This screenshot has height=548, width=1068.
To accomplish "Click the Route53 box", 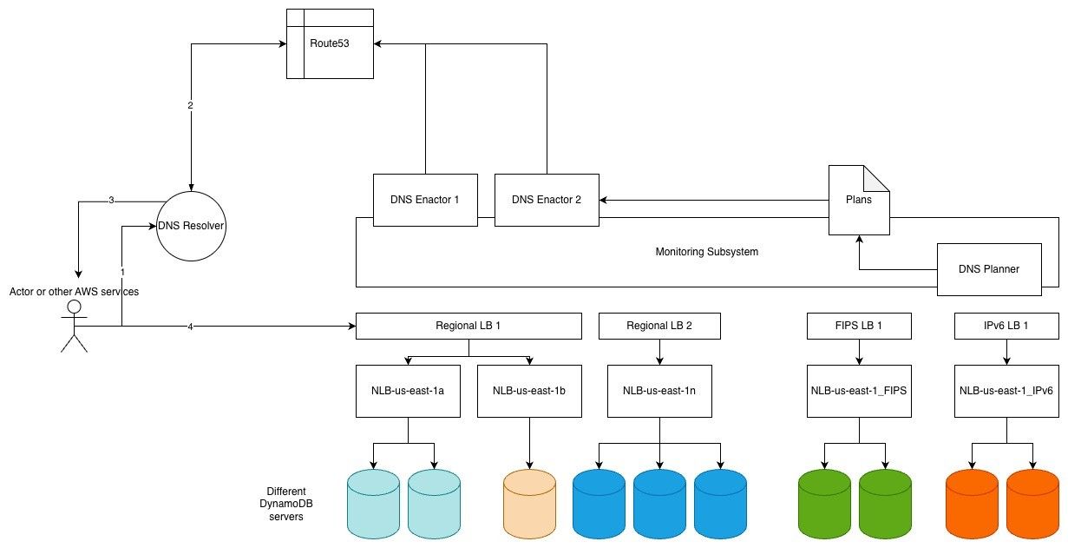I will pyautogui.click(x=330, y=43).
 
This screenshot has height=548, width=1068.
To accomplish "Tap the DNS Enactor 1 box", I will pyautogui.click(x=424, y=200).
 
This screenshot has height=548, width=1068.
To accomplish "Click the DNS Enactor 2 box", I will pyautogui.click(x=546, y=200).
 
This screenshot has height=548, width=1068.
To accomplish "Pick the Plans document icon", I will pyautogui.click(x=857, y=200).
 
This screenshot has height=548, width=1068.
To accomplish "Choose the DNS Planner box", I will pyautogui.click(x=988, y=269).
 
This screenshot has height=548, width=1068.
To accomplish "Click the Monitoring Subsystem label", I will pyautogui.click(x=707, y=252).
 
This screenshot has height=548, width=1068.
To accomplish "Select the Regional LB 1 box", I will pyautogui.click(x=468, y=326).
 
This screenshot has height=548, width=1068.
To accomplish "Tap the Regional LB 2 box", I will pyautogui.click(x=659, y=326).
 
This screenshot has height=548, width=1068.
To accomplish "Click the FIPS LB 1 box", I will pyautogui.click(x=859, y=326).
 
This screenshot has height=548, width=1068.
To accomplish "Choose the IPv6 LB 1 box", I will pyautogui.click(x=1006, y=326).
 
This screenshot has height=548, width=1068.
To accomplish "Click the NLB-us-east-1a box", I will pyautogui.click(x=408, y=391).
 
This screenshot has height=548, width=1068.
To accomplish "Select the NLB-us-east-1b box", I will pyautogui.click(x=529, y=391).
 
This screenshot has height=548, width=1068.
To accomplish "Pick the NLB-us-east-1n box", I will pyautogui.click(x=659, y=391).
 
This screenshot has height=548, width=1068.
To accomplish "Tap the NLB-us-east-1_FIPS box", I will pyautogui.click(x=859, y=391).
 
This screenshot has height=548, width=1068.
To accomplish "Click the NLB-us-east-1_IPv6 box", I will pyautogui.click(x=1006, y=391).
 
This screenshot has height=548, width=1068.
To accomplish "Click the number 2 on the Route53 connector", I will pyautogui.click(x=190, y=106).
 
